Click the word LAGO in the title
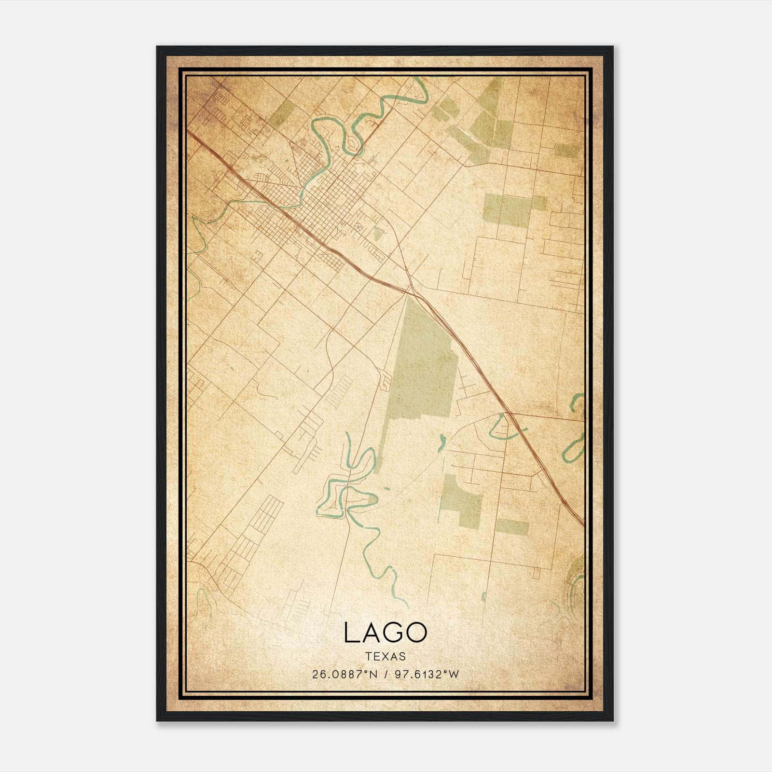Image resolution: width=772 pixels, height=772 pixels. point(386,633)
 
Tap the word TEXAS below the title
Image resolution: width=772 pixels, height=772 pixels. point(386,656)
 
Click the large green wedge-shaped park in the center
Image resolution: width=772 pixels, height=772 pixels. point(420,367)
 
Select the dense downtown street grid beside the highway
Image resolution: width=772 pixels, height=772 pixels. point(323,203)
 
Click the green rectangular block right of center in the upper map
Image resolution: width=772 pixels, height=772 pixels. point(511,210)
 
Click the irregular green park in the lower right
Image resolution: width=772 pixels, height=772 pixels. point(461,499)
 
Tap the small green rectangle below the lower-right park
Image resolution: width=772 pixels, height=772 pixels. point(512,527)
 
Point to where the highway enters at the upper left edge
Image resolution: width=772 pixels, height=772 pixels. point(189,133)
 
